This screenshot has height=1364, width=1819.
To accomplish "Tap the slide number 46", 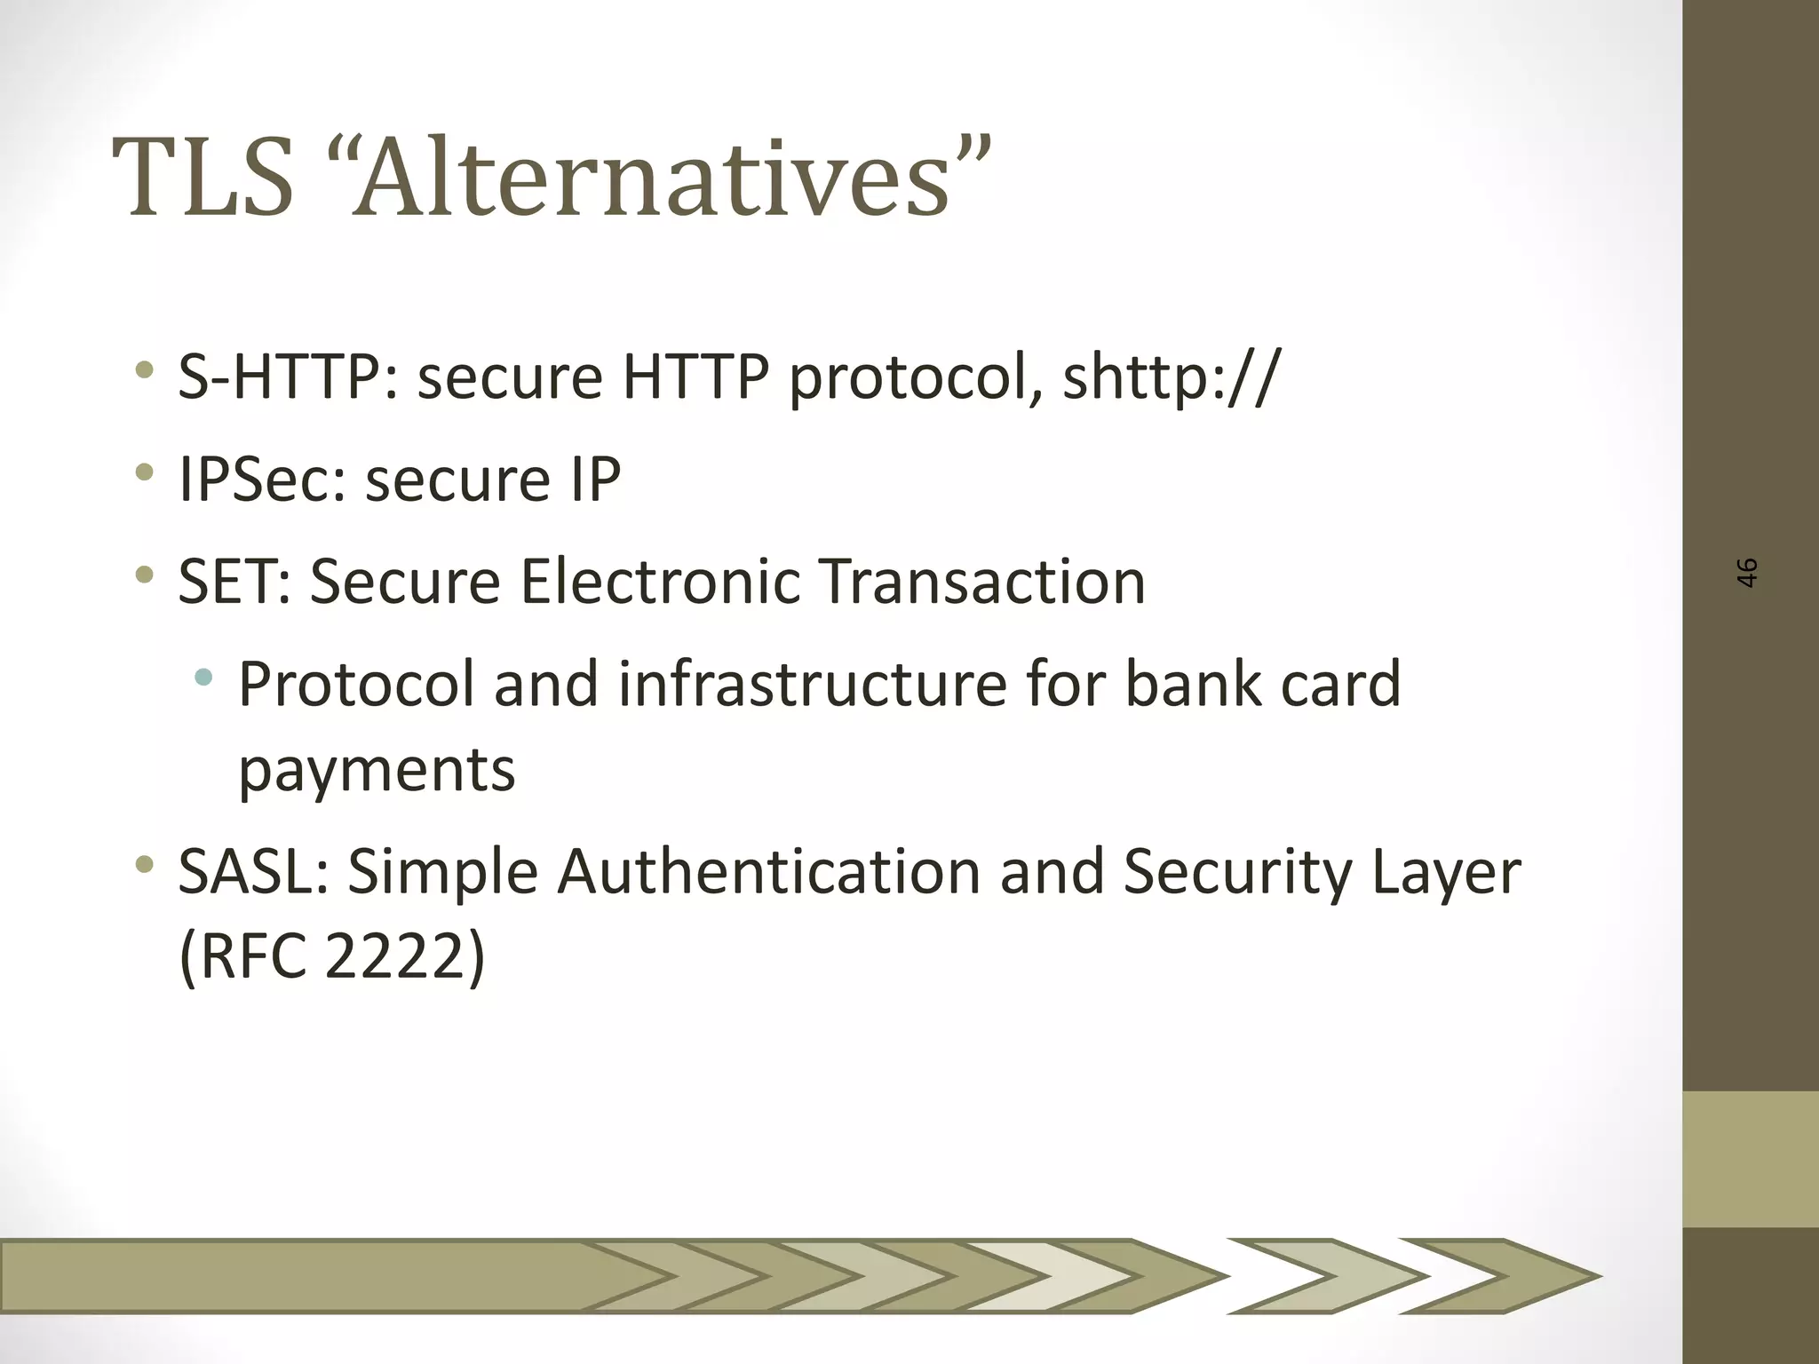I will pos(1746,573).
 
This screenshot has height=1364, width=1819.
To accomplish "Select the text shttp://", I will pos(1172,377).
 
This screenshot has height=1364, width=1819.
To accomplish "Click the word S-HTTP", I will pos(289,377).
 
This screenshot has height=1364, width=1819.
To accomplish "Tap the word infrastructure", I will pos(812,684).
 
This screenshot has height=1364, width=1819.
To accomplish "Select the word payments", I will pos(377,770).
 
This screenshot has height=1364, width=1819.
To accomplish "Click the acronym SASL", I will pos(253,872).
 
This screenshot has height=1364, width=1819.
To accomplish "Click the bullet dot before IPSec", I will pos(144,472).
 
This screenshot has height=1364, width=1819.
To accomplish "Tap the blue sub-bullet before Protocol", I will pos(203,678).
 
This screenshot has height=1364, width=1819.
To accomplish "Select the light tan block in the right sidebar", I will pos(1750,1159).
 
